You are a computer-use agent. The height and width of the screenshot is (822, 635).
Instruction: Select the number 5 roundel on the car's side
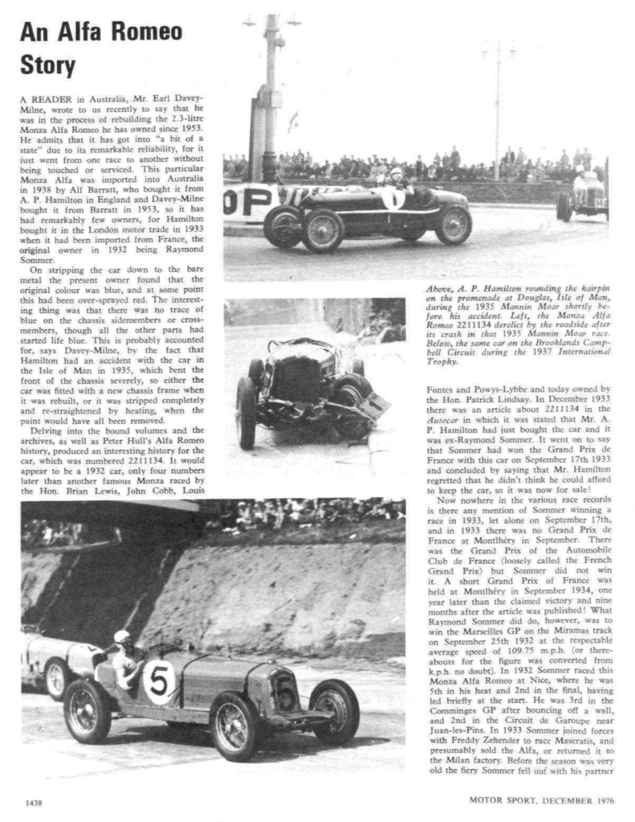159,682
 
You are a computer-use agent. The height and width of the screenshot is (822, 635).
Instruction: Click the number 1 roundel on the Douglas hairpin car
393,198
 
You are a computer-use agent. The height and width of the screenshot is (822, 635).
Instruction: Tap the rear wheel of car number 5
87,711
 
